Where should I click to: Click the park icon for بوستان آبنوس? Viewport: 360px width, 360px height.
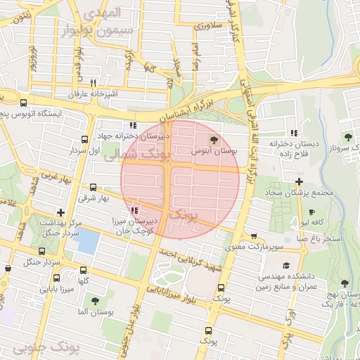coord(214,139)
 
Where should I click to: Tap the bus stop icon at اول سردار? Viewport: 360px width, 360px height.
coord(85,139)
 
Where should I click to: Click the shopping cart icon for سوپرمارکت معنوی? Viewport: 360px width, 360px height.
coord(253,236)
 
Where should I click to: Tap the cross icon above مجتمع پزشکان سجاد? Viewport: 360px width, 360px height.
coord(300,181)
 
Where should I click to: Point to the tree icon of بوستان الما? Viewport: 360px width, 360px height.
coord(95,301)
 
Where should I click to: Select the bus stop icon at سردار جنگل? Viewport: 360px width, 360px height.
coord(42,251)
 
